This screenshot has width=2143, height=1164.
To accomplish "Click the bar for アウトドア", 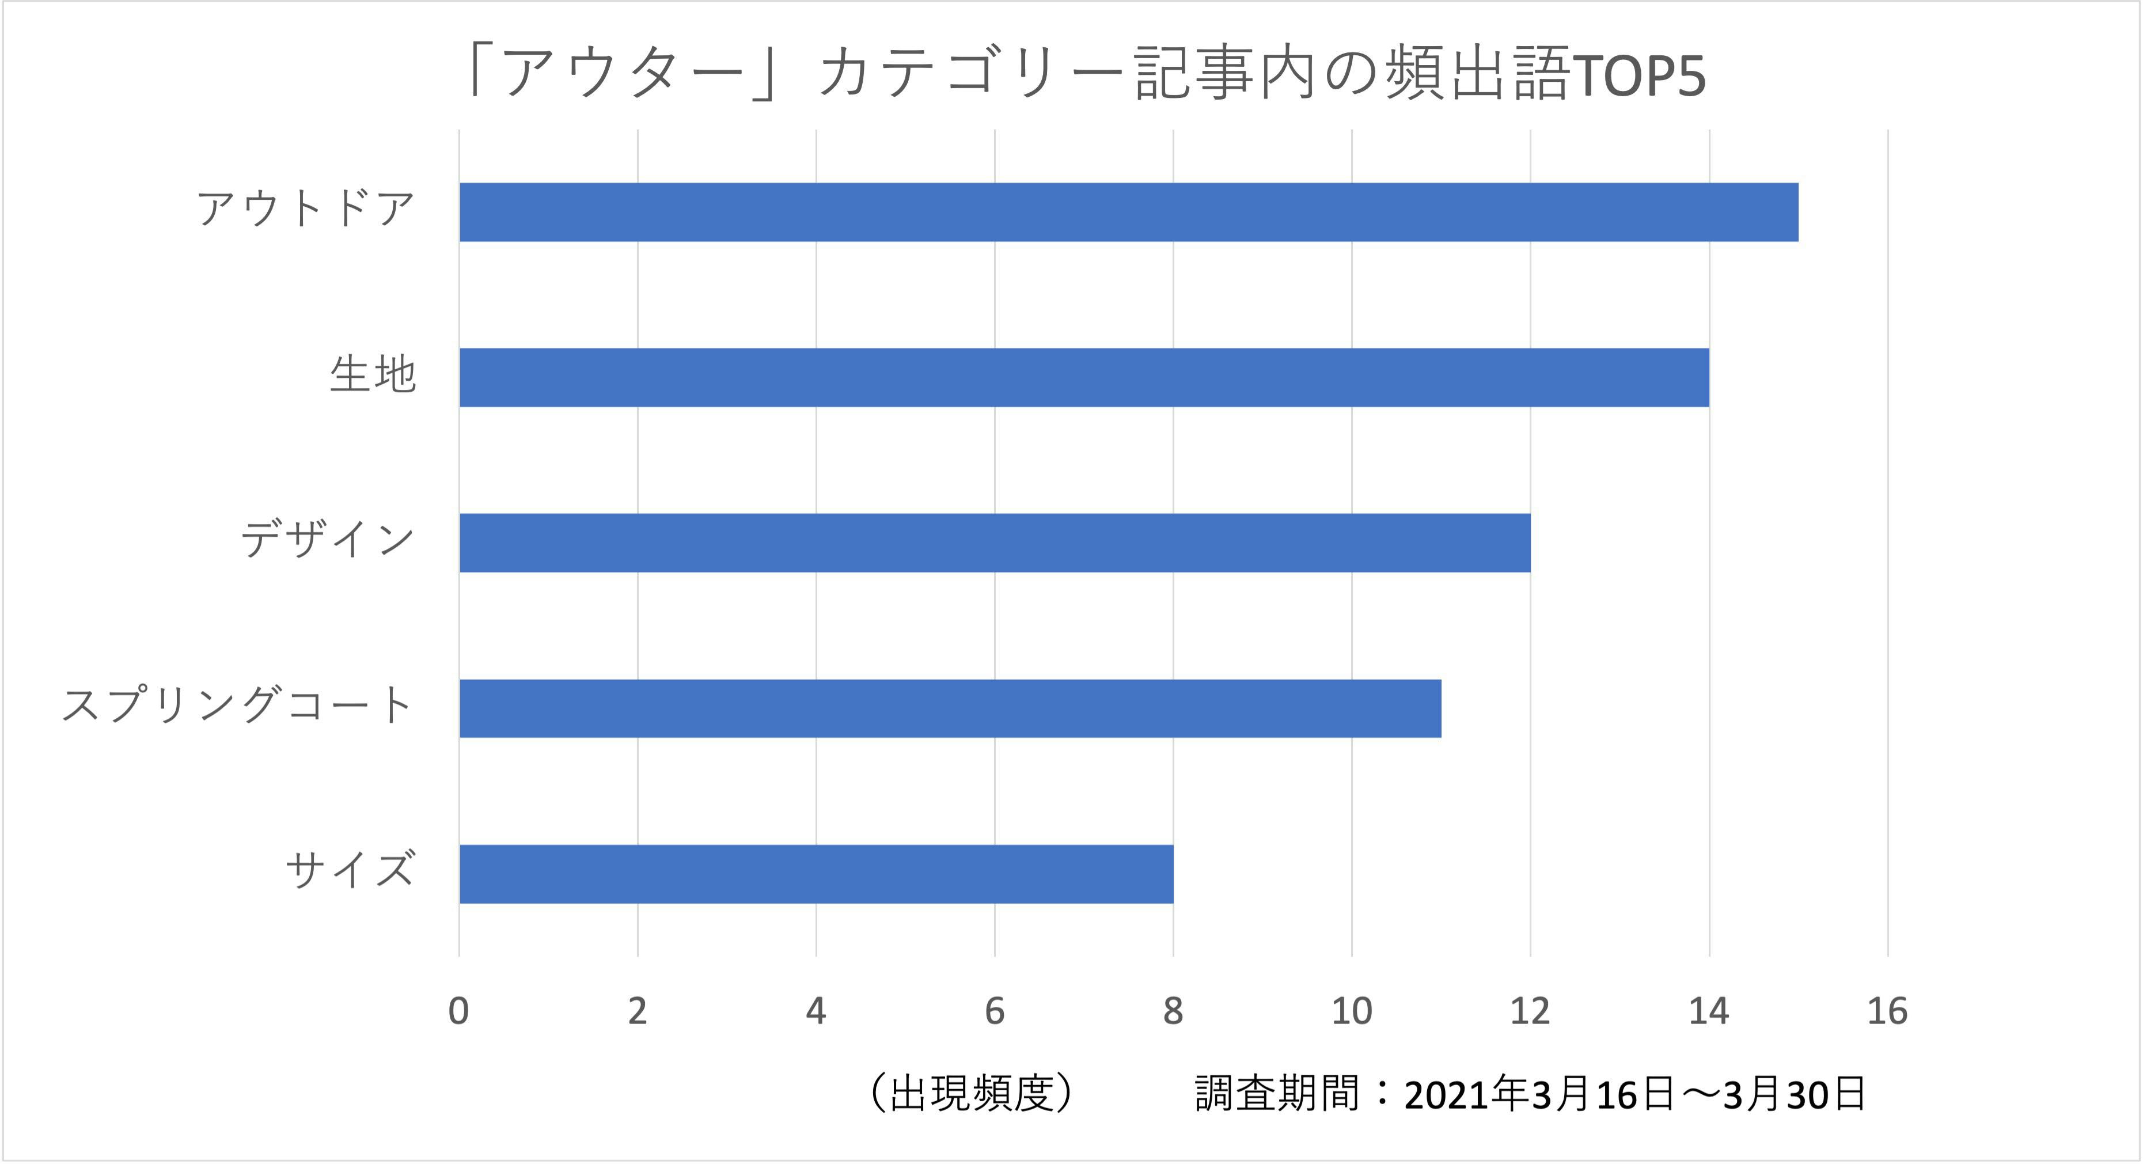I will click(1128, 212).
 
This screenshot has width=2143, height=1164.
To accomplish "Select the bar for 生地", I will click(1084, 378).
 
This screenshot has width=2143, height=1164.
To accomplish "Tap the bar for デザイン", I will click(994, 543).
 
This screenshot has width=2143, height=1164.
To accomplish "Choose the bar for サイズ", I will click(816, 874).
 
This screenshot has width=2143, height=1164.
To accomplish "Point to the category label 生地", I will click(372, 374).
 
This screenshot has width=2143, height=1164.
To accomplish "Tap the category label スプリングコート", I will click(238, 706).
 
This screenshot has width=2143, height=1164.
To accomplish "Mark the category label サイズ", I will click(350, 871).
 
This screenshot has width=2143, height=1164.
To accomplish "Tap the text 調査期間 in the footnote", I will click(1276, 1093).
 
